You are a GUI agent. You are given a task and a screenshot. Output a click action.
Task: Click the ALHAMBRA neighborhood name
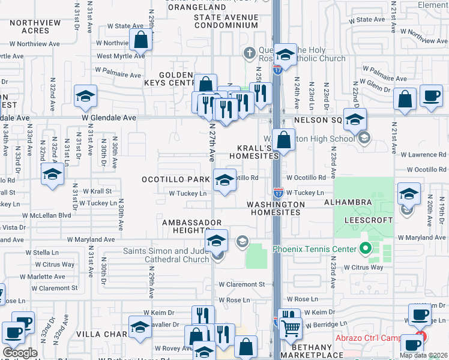[x=357, y=203]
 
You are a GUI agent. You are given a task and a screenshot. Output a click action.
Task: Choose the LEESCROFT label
[x=369, y=220]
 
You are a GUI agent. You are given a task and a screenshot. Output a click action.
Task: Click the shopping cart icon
[x=291, y=328]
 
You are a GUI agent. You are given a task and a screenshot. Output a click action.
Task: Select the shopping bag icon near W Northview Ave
[x=140, y=41]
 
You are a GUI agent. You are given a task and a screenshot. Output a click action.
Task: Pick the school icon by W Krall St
[x=52, y=175]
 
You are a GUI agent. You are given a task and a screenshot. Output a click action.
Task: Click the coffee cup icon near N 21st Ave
[x=430, y=97]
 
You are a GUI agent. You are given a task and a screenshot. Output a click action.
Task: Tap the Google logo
[x=20, y=353]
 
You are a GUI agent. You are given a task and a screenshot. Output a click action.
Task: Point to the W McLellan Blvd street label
[x=46, y=215]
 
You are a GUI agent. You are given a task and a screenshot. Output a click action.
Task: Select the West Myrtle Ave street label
[x=121, y=56]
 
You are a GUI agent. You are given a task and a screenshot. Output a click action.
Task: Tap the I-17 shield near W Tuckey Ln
[x=279, y=193]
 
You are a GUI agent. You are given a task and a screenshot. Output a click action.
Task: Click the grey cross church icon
[x=250, y=54]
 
